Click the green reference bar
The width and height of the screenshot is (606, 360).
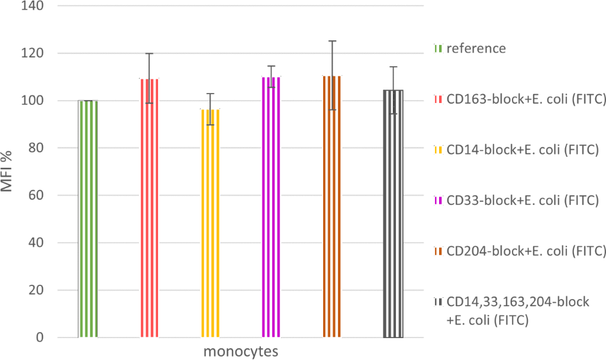click(x=88, y=219)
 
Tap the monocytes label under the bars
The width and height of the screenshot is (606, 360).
click(x=241, y=351)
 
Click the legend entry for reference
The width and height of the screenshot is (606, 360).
click(x=476, y=49)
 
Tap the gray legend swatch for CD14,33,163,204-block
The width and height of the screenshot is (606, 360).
click(x=438, y=302)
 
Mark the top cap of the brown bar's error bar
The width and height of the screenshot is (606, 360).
click(x=332, y=41)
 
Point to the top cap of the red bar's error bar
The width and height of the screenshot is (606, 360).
click(x=149, y=53)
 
